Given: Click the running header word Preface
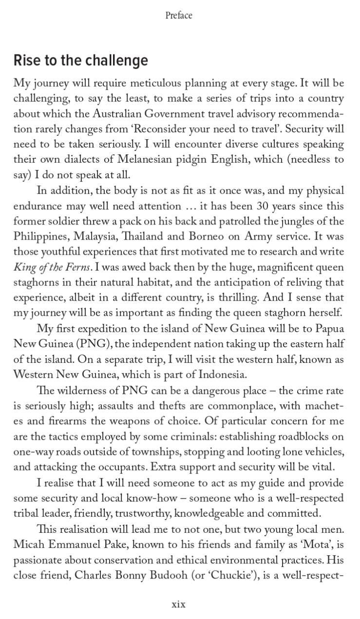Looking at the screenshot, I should point(179,16).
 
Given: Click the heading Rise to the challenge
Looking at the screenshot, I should point(80,60).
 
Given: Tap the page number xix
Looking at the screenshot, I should point(178,604).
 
